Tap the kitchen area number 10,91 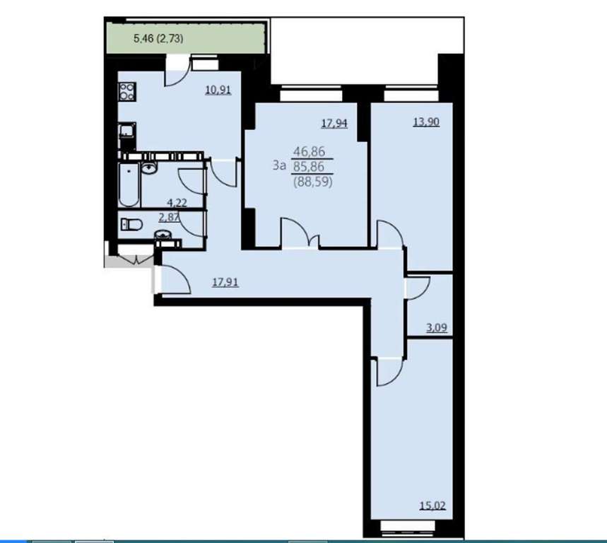(218, 90)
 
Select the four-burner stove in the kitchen (126, 91)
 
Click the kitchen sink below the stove (126, 130)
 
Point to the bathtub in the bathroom (129, 185)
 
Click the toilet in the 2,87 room (131, 224)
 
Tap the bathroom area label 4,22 (177, 202)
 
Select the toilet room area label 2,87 (169, 217)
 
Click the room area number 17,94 (334, 124)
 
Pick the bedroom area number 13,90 (426, 122)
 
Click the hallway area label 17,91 (225, 282)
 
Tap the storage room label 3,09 (437, 328)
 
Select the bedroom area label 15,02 (432, 506)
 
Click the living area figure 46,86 (310, 151)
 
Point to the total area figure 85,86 (309, 167)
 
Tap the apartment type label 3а (279, 165)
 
